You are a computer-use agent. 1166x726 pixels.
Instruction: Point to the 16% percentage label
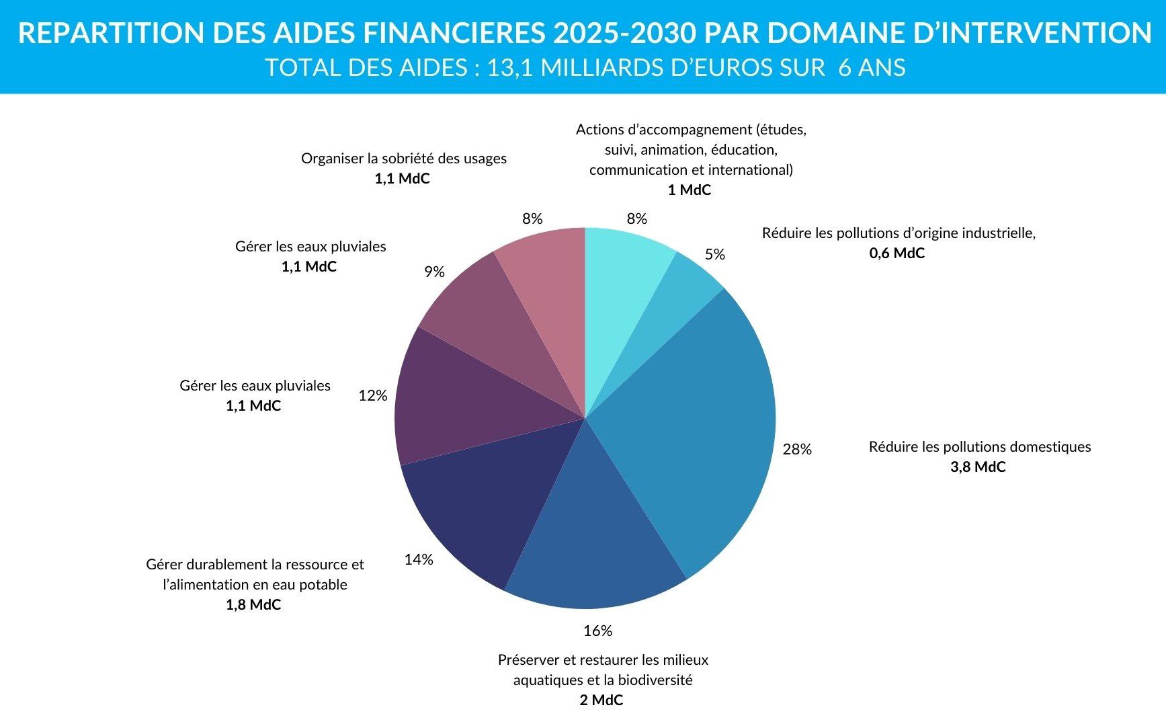pos(597,631)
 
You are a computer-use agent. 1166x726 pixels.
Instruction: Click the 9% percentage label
pos(434,272)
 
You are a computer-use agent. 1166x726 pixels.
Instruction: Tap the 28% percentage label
pos(797,449)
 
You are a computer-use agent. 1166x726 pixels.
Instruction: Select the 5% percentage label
pos(715,254)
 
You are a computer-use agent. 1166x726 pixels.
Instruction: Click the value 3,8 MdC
pos(978,467)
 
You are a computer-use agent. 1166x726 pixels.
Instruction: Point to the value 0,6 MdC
pos(897,253)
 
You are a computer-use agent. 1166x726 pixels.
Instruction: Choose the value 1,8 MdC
pos(253,605)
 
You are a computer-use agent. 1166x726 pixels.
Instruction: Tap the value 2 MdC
pos(601,700)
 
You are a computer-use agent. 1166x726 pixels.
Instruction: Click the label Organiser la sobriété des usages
pos(403,159)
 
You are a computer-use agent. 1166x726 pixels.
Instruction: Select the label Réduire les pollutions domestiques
pos(979,447)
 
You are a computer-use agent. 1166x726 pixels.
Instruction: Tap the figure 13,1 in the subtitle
pos(511,68)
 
